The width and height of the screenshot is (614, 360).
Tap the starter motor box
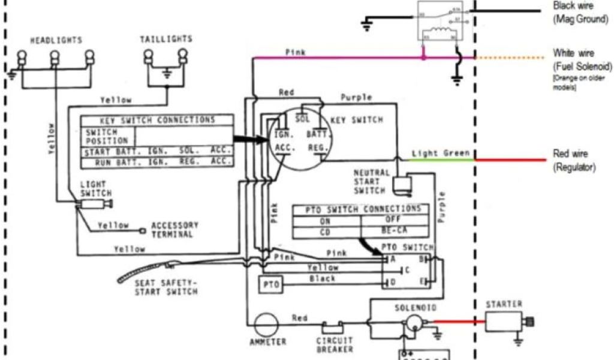tap(502, 323)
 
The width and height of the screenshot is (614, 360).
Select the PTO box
tap(270, 284)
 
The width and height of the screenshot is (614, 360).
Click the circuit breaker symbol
tap(332, 328)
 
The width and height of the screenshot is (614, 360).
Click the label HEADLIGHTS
tap(56, 40)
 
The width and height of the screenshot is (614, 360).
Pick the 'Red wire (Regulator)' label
tap(574, 161)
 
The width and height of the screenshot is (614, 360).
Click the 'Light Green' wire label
tap(441, 153)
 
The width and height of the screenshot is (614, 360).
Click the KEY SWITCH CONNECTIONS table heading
tap(157, 120)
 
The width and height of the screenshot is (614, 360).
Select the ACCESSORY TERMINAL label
tap(174, 230)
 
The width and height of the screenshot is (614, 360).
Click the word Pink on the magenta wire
tap(296, 52)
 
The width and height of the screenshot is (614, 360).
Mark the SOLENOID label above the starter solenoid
tap(411, 307)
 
